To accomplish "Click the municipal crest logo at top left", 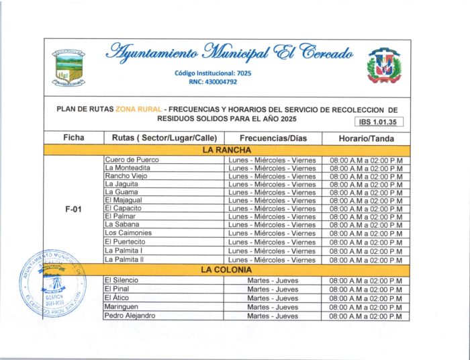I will (70, 67).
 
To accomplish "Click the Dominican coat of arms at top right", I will (383, 66).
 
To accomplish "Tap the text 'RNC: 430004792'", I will (214, 82).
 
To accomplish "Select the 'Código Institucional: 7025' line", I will (214, 73).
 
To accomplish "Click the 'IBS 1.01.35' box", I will (379, 122).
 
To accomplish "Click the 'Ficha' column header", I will (74, 138).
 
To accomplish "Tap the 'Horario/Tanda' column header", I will (366, 138).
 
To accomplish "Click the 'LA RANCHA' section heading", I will (227, 150).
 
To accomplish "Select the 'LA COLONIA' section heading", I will (227, 269).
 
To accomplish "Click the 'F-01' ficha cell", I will (73, 209).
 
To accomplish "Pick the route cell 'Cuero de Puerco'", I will (132, 160).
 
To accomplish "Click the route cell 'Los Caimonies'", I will (128, 233).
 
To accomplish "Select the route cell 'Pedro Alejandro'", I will (130, 316).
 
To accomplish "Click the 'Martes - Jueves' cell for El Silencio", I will (272, 279).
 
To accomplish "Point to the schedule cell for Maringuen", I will (366, 307).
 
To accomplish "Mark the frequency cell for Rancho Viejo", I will (272, 176).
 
